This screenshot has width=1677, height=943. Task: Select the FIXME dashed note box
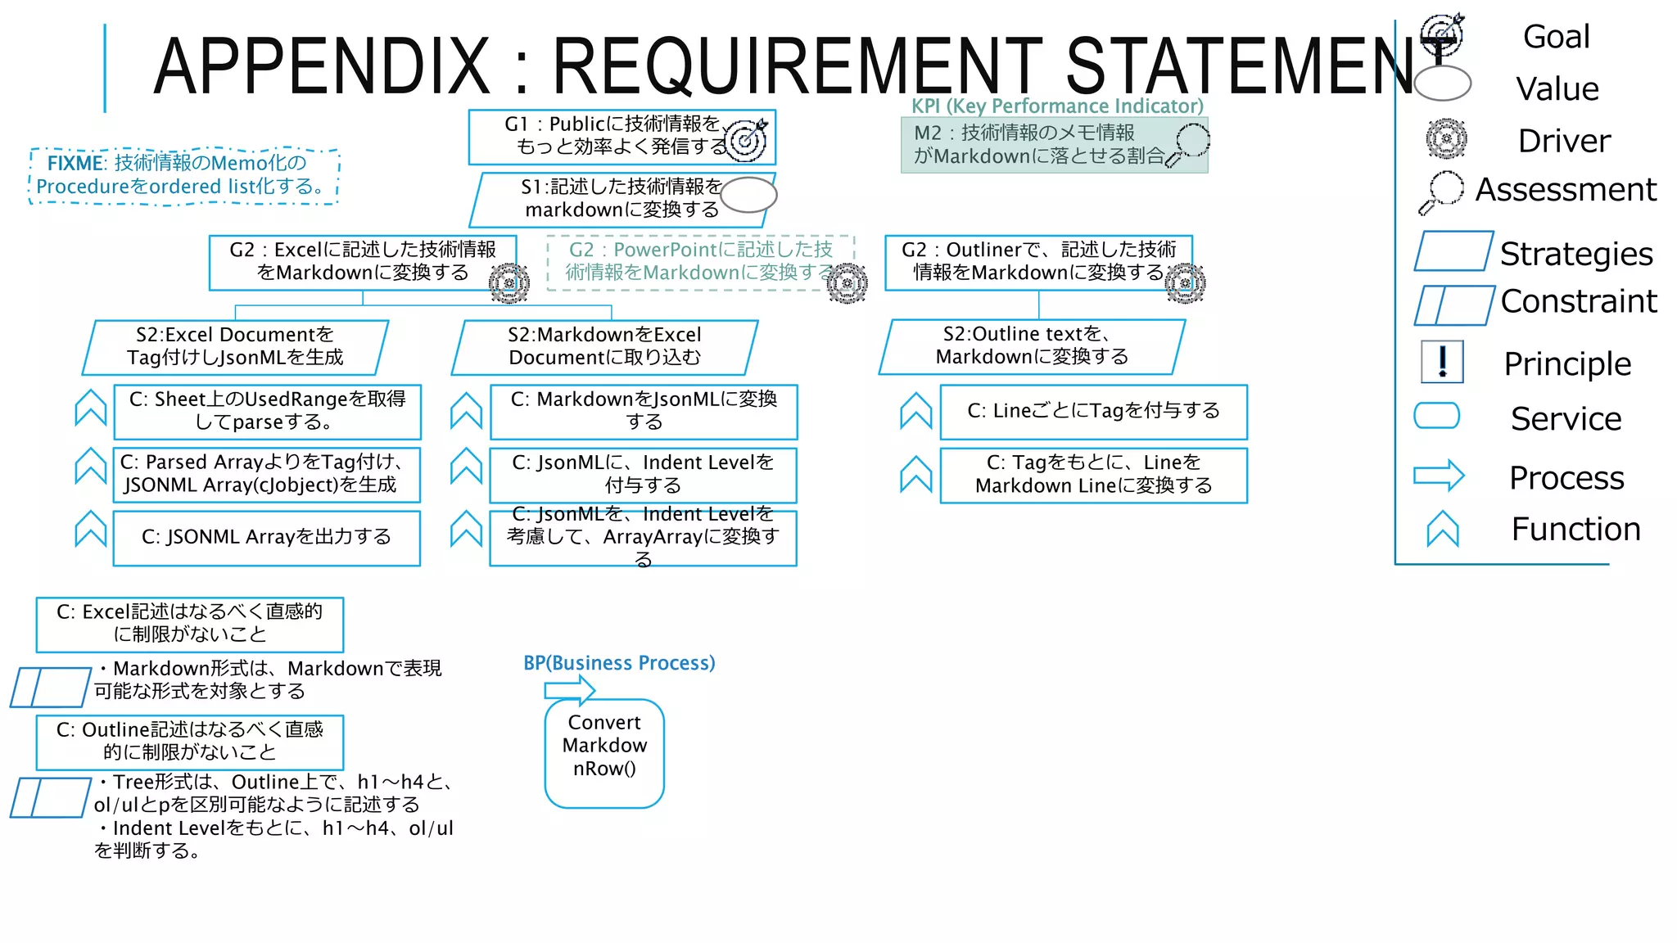click(183, 175)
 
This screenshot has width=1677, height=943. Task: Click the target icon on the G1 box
click(746, 139)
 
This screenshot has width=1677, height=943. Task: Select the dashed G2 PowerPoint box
click(699, 261)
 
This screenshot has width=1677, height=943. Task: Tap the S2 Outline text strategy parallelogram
click(1032, 345)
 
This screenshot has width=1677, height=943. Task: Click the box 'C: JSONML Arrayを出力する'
click(266, 537)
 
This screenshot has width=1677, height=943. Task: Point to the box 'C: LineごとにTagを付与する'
click(1093, 411)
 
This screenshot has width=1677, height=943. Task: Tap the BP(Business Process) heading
click(619, 662)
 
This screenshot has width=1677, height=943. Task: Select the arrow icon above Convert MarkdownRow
click(570, 689)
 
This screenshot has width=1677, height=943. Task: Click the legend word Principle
click(1566, 363)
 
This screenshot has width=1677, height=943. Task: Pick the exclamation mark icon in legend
click(1442, 361)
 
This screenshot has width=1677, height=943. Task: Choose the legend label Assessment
click(1565, 189)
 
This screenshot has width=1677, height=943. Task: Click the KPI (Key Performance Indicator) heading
click(1057, 106)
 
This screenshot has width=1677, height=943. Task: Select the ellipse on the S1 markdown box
click(748, 195)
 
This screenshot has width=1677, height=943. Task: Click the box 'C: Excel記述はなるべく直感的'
click(189, 624)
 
